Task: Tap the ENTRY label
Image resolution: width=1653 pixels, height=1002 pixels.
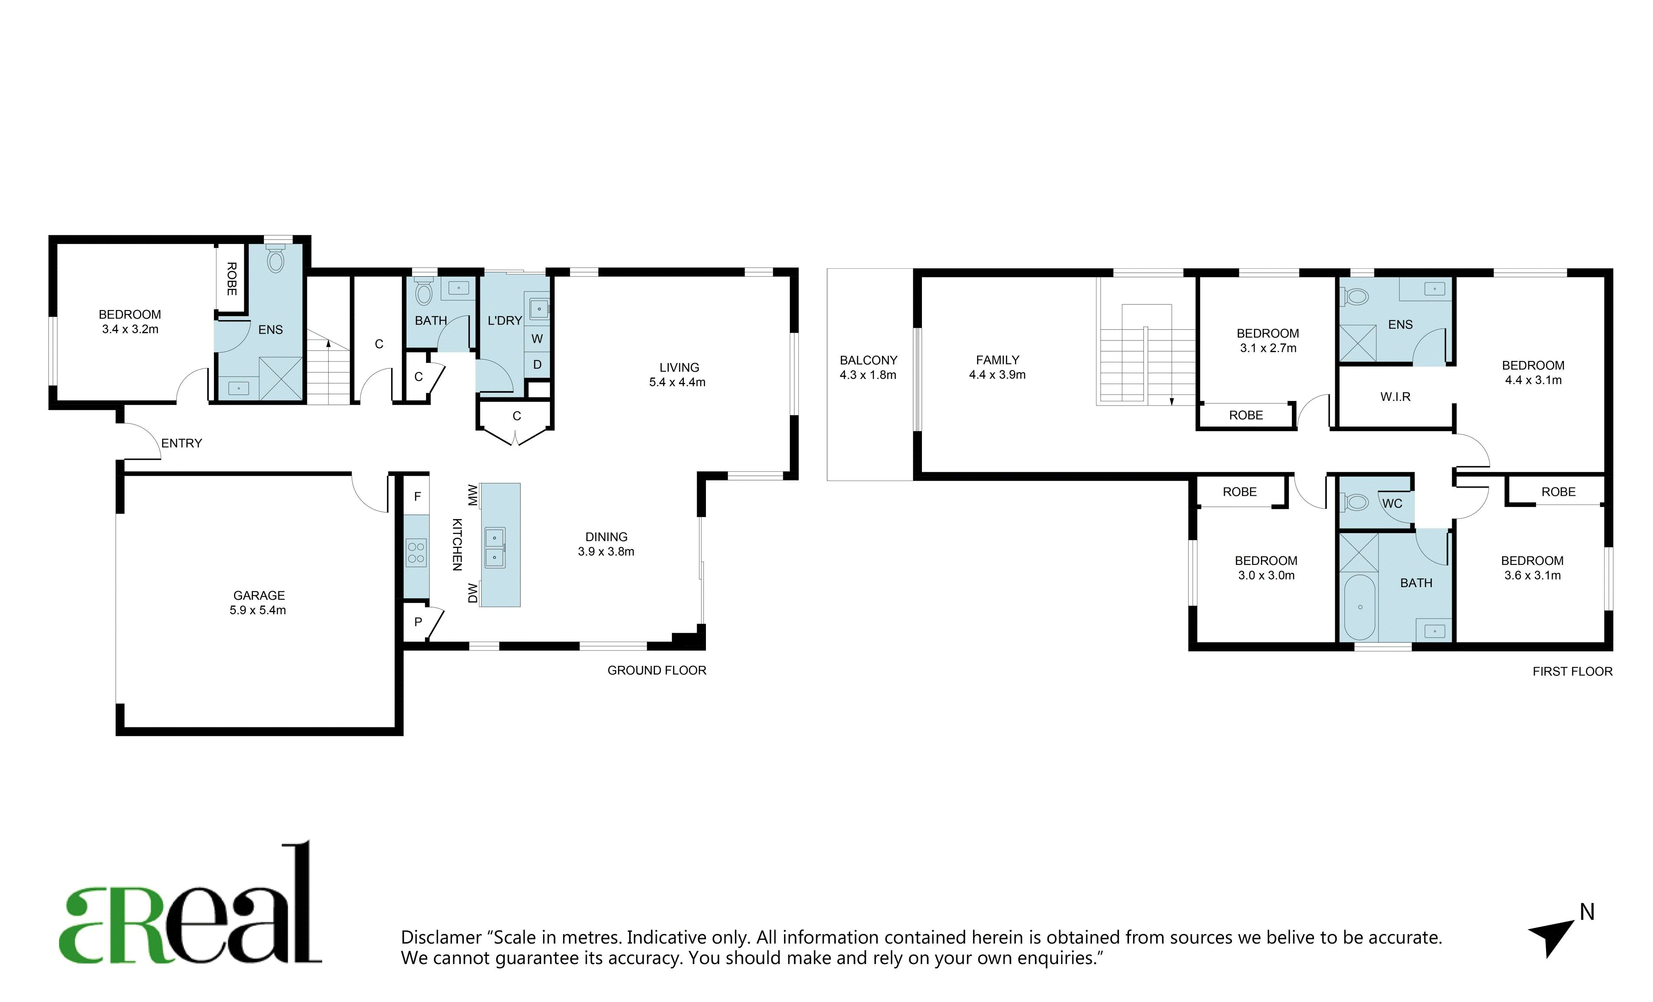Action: [x=181, y=443]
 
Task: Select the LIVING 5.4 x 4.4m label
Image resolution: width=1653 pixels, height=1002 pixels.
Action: [x=678, y=374]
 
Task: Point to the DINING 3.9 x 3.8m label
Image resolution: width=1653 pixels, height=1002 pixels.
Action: [x=606, y=544]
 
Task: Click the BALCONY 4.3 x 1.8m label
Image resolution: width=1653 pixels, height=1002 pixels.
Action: [x=868, y=367]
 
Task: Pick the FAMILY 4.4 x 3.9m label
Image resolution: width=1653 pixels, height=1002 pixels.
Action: [x=997, y=367]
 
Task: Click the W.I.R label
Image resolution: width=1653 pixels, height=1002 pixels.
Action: [x=1395, y=397]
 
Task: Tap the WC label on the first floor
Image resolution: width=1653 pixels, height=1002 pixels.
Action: [x=1392, y=503]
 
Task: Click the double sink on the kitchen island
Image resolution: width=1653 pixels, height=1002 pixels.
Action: [x=495, y=548]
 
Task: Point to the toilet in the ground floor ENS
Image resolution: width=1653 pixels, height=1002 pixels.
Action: [x=276, y=258]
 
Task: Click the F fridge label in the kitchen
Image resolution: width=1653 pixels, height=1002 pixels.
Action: [x=417, y=497]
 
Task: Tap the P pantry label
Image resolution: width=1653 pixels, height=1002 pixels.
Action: [x=418, y=622]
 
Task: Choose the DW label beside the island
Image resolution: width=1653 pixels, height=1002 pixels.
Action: [x=472, y=593]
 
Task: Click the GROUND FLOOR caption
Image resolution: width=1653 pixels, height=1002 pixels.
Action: [x=657, y=671]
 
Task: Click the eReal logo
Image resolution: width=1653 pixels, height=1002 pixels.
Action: [x=190, y=903]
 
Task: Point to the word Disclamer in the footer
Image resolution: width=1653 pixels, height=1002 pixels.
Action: [x=442, y=938]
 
